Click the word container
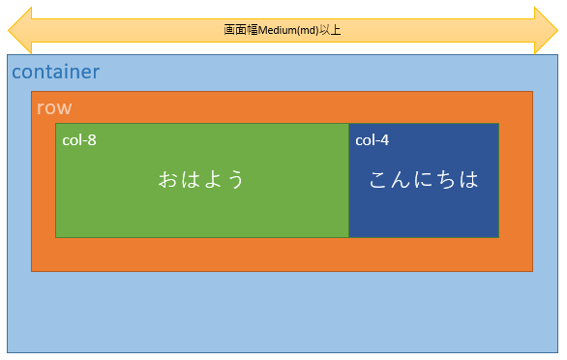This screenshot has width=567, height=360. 55,73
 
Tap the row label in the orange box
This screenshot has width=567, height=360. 54,107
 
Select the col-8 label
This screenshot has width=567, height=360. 78,140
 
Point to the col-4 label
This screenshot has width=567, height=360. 372,140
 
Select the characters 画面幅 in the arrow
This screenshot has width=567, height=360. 241,30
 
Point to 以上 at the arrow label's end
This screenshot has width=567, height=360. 332,30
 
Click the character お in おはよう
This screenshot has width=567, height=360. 168,180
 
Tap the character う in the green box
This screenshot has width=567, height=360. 235,180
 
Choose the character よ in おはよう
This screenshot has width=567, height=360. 213,180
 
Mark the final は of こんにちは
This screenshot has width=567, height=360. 468,180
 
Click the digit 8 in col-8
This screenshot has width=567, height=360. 93,140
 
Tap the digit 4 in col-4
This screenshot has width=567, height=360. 385,140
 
